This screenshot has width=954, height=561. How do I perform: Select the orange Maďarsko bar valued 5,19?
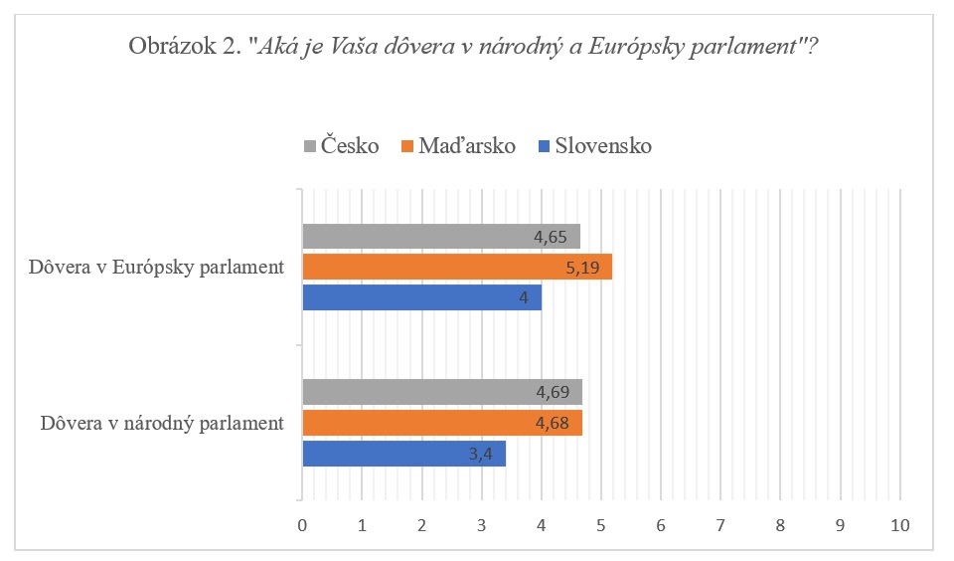(x=457, y=267)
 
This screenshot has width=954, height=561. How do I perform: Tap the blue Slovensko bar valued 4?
(x=421, y=297)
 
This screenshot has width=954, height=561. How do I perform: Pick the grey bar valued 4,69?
(x=441, y=391)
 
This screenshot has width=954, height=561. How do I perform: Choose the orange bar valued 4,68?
(x=441, y=423)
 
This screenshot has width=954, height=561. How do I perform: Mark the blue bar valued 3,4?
(x=403, y=454)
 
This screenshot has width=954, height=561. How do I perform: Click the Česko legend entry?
(x=342, y=146)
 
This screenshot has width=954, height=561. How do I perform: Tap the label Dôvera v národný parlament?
(x=163, y=423)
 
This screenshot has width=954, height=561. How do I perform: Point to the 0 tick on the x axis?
(x=302, y=523)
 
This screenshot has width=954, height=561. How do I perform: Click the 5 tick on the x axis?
(x=601, y=523)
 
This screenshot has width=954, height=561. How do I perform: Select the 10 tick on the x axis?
(x=899, y=523)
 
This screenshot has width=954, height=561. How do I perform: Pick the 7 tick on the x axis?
(x=720, y=523)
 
